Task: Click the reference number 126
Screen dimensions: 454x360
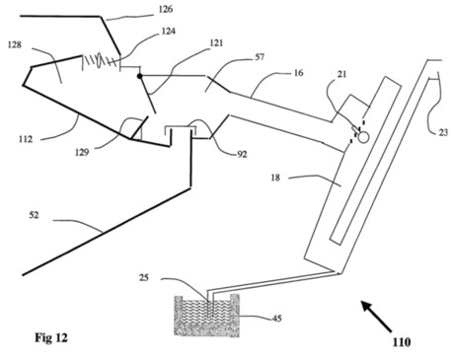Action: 166,9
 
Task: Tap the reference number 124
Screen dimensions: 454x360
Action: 169,32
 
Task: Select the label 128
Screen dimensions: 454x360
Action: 15,44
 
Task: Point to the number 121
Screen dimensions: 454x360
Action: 216,42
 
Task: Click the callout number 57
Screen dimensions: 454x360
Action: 260,57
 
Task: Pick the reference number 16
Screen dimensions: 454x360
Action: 298,73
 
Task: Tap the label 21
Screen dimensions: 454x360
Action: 342,74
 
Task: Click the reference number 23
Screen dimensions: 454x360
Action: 443,132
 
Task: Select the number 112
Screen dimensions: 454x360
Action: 26,139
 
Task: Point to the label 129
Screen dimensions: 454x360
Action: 82,152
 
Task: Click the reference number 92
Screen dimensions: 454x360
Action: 242,154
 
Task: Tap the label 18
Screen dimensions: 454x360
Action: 275,178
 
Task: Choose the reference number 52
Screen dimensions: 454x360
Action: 34,215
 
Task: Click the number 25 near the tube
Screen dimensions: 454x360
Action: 144,278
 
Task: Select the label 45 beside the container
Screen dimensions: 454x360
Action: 277,319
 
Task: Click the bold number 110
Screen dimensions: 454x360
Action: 402,342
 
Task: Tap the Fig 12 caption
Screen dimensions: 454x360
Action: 51,337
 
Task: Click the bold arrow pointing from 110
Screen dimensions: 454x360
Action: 377,317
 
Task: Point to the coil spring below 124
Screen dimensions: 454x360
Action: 100,61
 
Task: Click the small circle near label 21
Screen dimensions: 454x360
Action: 363,137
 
